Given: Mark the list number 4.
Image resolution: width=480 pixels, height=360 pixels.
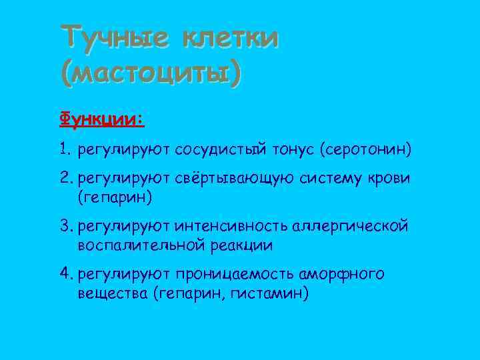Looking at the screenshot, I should [x=65, y=274].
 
